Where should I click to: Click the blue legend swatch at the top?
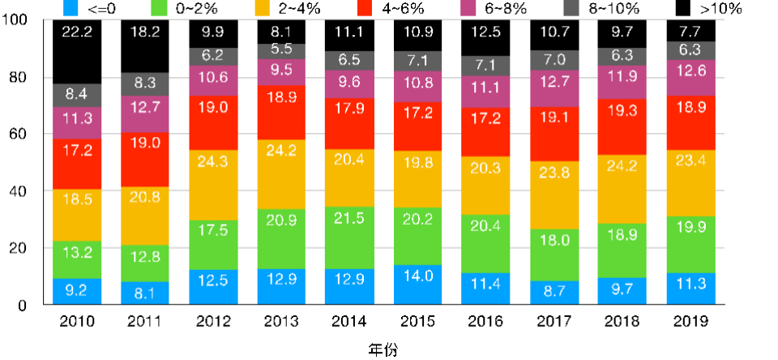tap(71, 8)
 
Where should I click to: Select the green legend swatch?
tap(160, 8)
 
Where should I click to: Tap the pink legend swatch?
tap(468, 8)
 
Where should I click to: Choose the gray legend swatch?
tap(571, 8)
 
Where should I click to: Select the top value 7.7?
tap(690, 32)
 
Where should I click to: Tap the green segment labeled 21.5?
tap(349, 238)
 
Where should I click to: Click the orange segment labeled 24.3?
tap(212, 185)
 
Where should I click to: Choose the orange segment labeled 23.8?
tap(554, 195)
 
